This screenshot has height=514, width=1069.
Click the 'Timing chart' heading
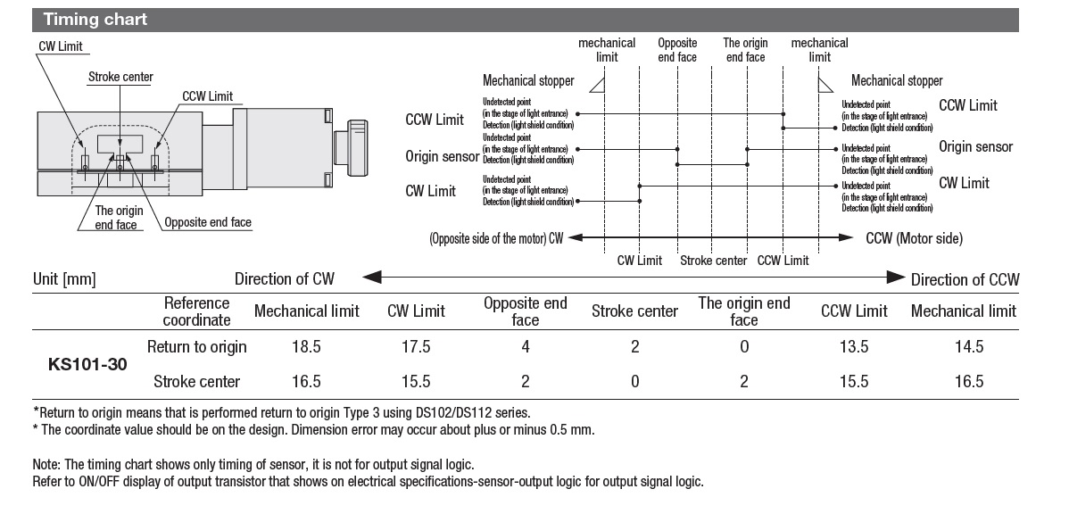point(95,19)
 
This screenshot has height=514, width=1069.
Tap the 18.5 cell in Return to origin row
point(306,346)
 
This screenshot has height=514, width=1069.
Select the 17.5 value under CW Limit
point(416,346)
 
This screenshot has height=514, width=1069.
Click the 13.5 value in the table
point(854,346)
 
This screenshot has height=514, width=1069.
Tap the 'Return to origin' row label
point(196,346)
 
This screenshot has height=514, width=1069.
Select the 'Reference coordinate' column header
point(196,311)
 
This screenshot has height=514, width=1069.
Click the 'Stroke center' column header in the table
point(634,311)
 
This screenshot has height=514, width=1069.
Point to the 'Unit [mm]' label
point(64,279)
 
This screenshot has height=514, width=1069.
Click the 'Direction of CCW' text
point(965,279)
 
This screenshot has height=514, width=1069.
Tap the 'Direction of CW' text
point(284,279)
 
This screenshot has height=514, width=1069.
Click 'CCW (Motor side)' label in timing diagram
point(914,238)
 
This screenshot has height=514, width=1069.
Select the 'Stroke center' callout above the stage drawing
point(120,77)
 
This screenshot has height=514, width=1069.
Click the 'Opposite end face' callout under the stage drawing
point(207,222)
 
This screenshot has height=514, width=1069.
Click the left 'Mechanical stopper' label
point(528,81)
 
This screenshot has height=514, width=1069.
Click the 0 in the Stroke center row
point(634,382)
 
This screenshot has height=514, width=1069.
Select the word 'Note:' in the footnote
point(46,464)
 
